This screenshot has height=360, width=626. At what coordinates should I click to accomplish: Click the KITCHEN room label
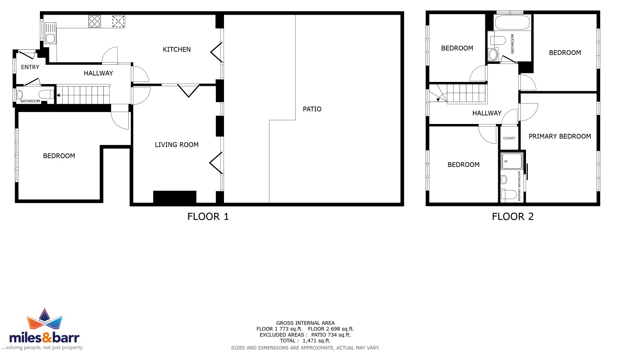pos(177,49)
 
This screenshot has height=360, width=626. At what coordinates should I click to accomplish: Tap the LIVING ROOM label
pos(177,145)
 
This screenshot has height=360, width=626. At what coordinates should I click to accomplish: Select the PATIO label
pos(312,109)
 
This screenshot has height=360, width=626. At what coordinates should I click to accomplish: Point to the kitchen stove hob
pos(94,21)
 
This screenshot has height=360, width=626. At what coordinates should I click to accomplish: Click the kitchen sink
pos(50,33)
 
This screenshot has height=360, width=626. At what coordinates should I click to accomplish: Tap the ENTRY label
pos(30,67)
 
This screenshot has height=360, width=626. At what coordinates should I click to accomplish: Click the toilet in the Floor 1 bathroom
pos(46,94)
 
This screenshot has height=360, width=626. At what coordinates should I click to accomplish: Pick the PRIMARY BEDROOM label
pos(560,136)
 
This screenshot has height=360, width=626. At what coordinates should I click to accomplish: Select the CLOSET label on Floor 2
pos(509,138)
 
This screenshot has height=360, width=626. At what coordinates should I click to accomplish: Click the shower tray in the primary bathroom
pos(512,161)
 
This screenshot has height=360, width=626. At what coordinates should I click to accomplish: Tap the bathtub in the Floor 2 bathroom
pos(512,22)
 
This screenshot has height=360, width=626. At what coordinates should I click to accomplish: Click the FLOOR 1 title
pos(208,217)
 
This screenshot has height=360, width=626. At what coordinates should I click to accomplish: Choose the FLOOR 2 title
pos(513,217)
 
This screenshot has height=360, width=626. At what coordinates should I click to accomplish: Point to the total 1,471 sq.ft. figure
pos(317,341)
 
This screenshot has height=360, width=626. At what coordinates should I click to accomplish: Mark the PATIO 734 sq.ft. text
pos(331,335)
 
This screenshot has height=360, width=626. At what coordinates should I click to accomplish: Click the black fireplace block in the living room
pos(175,197)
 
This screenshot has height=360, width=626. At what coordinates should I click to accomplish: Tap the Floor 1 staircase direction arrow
pos(58,95)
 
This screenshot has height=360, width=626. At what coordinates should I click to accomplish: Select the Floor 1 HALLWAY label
pos(98,73)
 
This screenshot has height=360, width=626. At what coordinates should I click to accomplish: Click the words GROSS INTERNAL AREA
pos(305,323)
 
